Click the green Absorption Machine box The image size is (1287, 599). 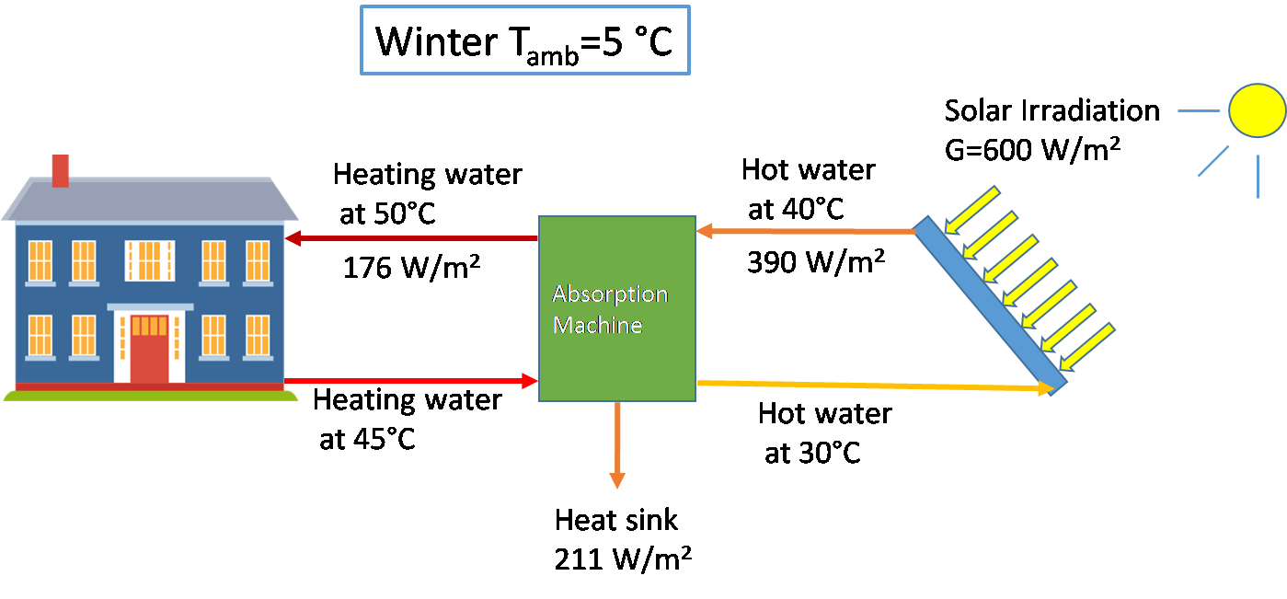[x=617, y=308]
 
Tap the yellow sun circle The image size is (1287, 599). [x=1258, y=110]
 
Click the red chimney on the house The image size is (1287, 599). [x=61, y=171]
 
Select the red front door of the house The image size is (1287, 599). [x=149, y=349]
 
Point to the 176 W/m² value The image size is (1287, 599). [x=411, y=268]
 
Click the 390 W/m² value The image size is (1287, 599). [x=816, y=262]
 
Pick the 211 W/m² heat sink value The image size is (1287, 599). [x=623, y=559]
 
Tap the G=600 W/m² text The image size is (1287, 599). [x=1032, y=150]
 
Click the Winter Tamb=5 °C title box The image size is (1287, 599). [x=525, y=40]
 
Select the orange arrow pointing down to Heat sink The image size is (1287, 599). [x=617, y=445]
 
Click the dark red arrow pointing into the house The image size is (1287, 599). [x=411, y=238]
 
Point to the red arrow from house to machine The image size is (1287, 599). [x=411, y=381]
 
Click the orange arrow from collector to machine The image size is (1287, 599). [x=806, y=231]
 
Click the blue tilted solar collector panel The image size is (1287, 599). [x=990, y=305]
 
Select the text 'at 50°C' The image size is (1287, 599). [x=388, y=213]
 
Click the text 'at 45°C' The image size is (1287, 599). [x=367, y=439]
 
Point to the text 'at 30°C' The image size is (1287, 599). [x=812, y=453]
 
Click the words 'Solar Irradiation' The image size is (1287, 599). [x=1052, y=110]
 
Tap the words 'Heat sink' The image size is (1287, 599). [x=616, y=520]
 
